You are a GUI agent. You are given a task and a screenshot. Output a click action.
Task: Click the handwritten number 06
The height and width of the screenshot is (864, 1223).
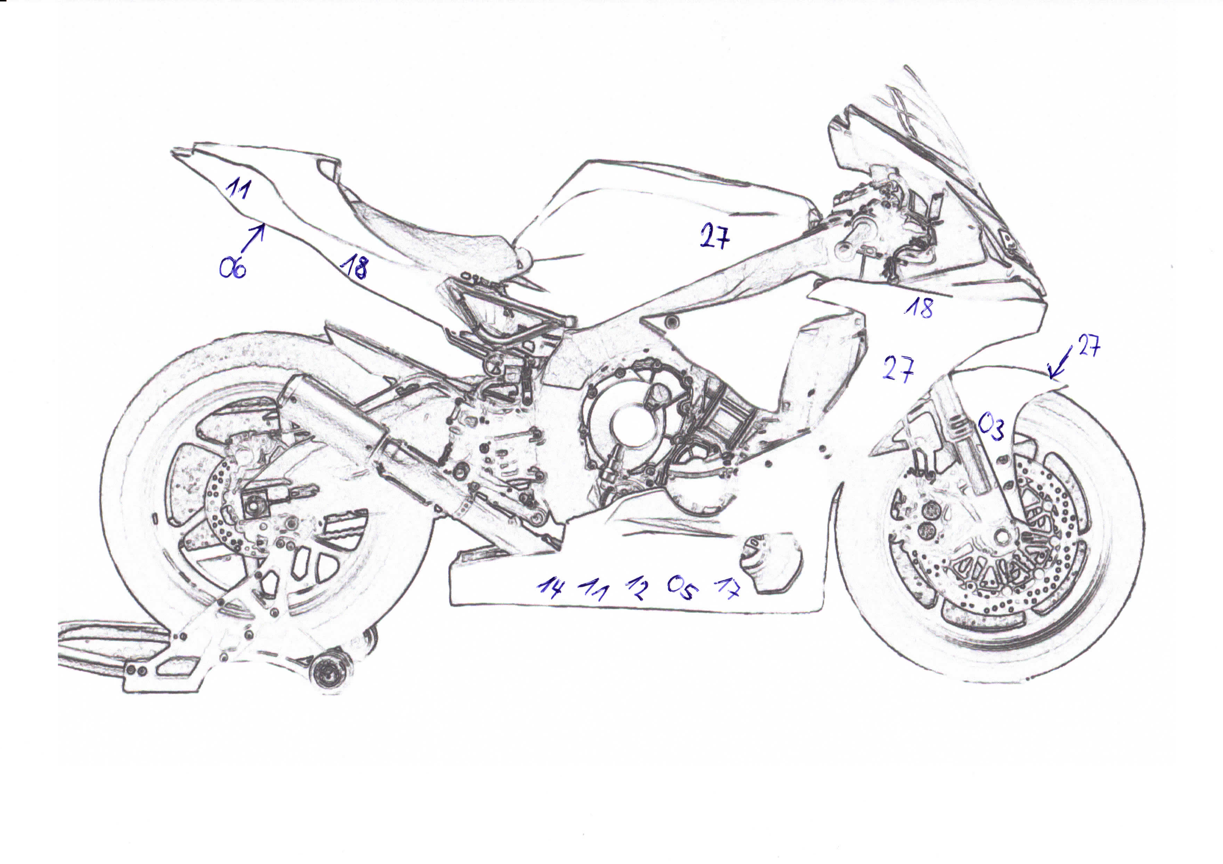[233, 267]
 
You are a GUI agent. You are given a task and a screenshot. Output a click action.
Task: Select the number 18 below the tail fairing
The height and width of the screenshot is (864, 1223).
[354, 266]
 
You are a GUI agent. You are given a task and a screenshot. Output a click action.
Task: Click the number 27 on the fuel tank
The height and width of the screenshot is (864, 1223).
[714, 235]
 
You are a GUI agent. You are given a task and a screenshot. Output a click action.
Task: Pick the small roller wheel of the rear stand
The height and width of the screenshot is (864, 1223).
[326, 677]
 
